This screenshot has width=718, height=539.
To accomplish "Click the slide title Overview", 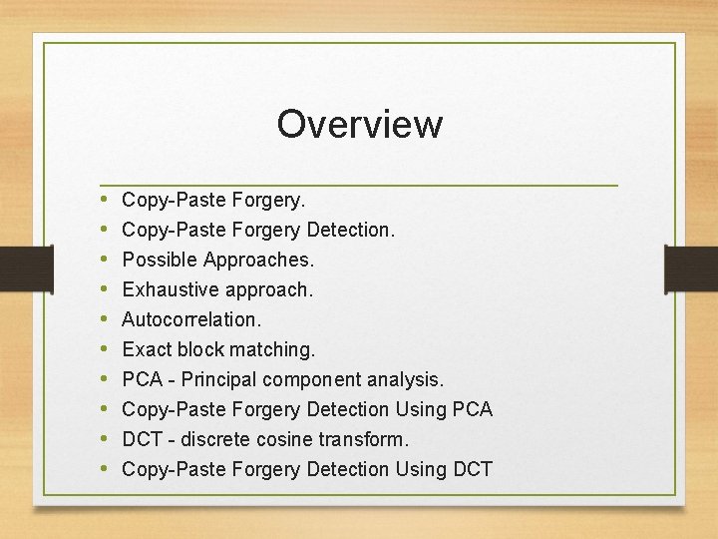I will (359, 125).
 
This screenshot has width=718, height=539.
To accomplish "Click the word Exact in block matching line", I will (147, 349).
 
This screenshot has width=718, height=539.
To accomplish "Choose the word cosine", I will (304, 439).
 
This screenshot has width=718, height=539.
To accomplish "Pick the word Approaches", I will (259, 260).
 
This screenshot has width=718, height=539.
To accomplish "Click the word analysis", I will (406, 379).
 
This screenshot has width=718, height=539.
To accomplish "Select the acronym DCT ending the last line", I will (473, 469).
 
